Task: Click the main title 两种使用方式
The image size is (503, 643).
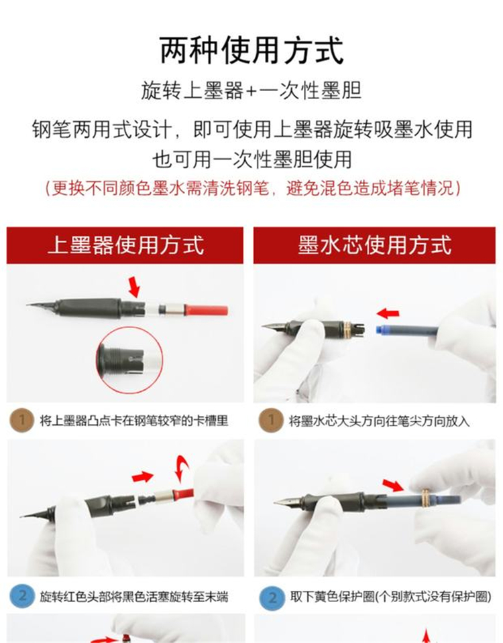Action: point(251,50)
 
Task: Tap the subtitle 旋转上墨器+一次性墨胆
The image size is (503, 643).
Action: point(251,90)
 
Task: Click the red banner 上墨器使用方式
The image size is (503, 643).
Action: point(125,245)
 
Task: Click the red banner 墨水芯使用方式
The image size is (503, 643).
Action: point(374,245)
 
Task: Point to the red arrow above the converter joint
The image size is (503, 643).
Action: point(134,287)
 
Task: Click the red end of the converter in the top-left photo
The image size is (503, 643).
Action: point(207,310)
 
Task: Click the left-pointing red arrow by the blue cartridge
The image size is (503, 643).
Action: point(388,313)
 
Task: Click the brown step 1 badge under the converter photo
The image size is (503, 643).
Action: point(21,420)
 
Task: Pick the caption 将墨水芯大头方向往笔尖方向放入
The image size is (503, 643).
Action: point(379,421)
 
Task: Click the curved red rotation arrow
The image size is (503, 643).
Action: point(182,467)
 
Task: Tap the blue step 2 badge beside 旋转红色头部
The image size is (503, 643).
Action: point(22,596)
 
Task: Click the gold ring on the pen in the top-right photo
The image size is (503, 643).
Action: point(347,328)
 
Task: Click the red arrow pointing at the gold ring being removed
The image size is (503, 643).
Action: point(392,485)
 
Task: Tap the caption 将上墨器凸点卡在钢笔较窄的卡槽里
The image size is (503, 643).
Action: point(134,421)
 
